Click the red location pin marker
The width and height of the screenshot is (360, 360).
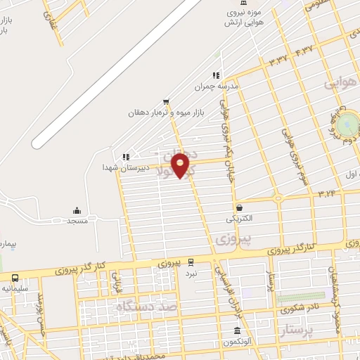coord(181,165)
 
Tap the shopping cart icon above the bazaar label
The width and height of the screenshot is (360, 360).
coord(166,101)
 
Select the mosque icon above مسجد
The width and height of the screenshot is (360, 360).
coord(77,210)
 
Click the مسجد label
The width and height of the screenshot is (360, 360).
coord(77,221)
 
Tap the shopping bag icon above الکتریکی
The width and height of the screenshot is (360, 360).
coord(240,208)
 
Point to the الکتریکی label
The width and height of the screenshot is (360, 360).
coord(239,219)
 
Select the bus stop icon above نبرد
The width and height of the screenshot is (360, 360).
coord(191,262)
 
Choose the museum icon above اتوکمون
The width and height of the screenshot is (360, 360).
coord(237,331)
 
